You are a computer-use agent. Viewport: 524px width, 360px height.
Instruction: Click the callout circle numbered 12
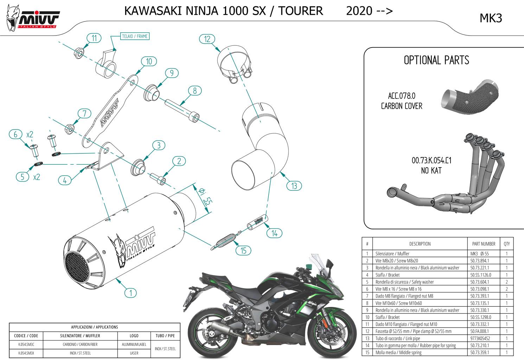(x=207, y=39)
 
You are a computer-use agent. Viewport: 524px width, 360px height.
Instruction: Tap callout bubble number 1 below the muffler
(x=130, y=293)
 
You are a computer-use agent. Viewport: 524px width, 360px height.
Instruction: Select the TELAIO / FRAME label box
(x=135, y=36)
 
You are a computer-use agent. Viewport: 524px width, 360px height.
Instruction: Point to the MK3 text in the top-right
(x=491, y=18)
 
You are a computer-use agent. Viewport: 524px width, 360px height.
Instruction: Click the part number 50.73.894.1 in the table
(x=479, y=261)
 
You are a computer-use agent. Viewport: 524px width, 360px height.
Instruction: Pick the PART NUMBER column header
(x=484, y=244)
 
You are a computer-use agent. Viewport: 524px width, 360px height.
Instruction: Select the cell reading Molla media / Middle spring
(x=398, y=352)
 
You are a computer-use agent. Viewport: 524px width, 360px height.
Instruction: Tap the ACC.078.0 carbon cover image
(x=470, y=97)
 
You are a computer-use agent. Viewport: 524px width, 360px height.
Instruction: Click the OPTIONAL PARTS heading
(x=436, y=60)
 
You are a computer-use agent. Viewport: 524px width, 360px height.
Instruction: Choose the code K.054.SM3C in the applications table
(x=26, y=345)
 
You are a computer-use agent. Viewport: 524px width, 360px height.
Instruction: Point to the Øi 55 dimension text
(x=205, y=197)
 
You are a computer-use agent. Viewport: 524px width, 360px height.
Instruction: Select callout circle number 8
(x=194, y=91)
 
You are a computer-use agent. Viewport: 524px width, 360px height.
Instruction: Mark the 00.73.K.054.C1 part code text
(x=432, y=160)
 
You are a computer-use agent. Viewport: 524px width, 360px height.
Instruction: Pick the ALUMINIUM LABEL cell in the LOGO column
(x=134, y=345)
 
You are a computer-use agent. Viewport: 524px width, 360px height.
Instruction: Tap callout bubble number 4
(x=65, y=181)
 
